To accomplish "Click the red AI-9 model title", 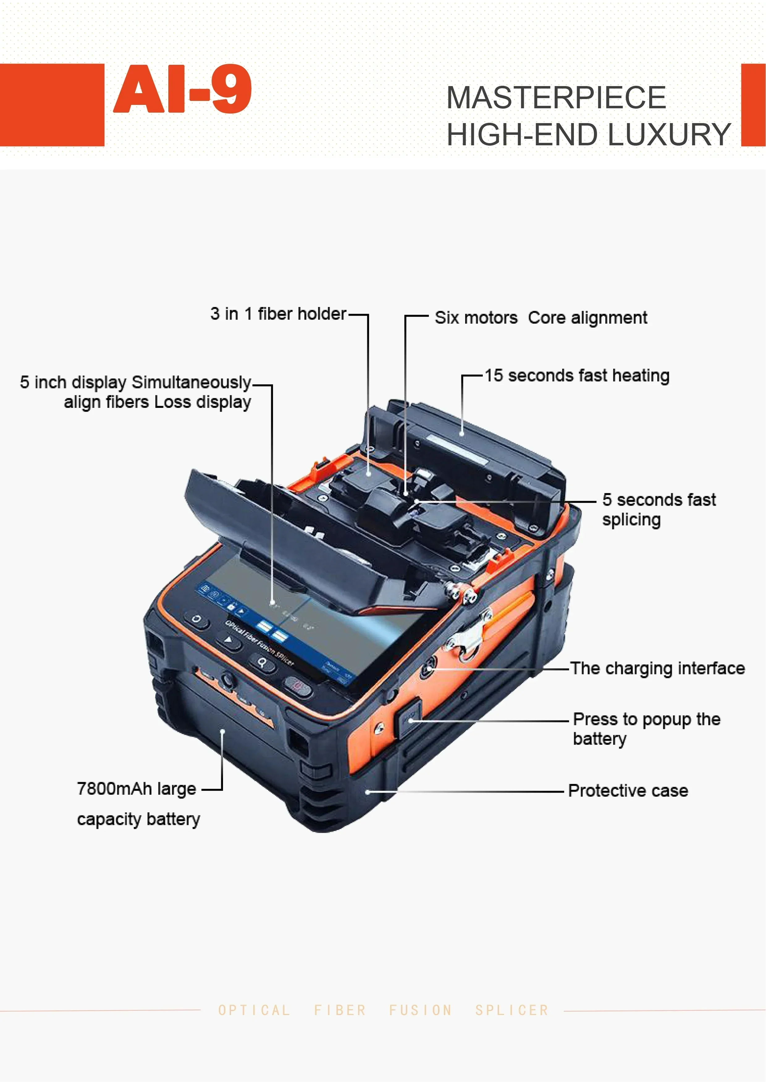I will [x=183, y=89].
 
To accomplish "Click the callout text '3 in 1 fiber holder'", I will [x=278, y=314].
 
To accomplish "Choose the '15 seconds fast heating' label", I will [x=577, y=376].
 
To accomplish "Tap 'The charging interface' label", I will [x=657, y=668].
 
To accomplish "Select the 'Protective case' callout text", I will [x=628, y=791].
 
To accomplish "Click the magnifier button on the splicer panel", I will [x=261, y=663].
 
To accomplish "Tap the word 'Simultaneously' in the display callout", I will [x=191, y=382].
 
